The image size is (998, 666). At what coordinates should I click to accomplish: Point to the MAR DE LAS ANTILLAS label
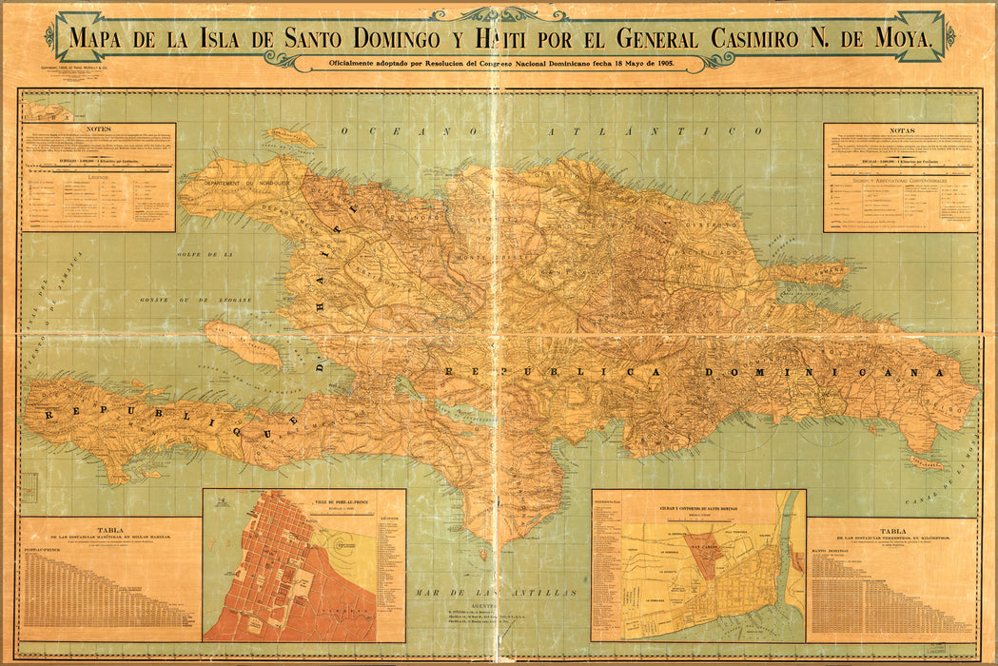tap(495, 592)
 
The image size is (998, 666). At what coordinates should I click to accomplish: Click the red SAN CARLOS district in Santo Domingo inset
tap(705, 554)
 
